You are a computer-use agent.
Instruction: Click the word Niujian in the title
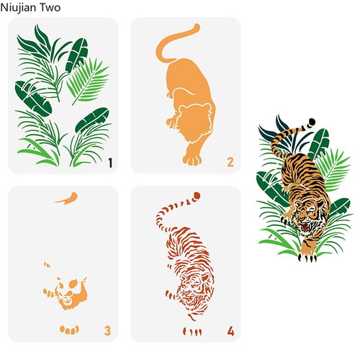[x=18, y=8]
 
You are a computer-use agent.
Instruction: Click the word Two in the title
[x=50, y=7]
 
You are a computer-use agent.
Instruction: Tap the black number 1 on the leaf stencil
[x=110, y=163]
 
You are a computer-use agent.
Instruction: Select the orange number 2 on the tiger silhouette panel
[x=230, y=162]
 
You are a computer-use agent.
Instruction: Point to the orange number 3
[x=107, y=330]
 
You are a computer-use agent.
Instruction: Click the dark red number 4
[x=230, y=331]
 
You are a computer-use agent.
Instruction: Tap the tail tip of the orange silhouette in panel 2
[x=197, y=27]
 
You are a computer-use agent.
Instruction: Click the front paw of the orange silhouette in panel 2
[x=192, y=160]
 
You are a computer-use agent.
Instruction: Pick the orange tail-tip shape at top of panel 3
[x=67, y=199]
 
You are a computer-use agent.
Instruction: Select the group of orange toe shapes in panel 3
[x=69, y=330]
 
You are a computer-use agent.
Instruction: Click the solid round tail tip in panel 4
[x=197, y=196]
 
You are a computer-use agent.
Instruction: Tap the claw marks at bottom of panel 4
[x=192, y=332]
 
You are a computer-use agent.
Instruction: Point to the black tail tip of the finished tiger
[x=312, y=122]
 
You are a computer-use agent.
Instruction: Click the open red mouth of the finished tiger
[x=306, y=226]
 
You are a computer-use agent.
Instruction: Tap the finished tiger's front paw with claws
[x=307, y=256]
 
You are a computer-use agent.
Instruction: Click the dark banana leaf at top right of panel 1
[x=77, y=55]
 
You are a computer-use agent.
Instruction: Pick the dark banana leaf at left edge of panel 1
[x=33, y=99]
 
